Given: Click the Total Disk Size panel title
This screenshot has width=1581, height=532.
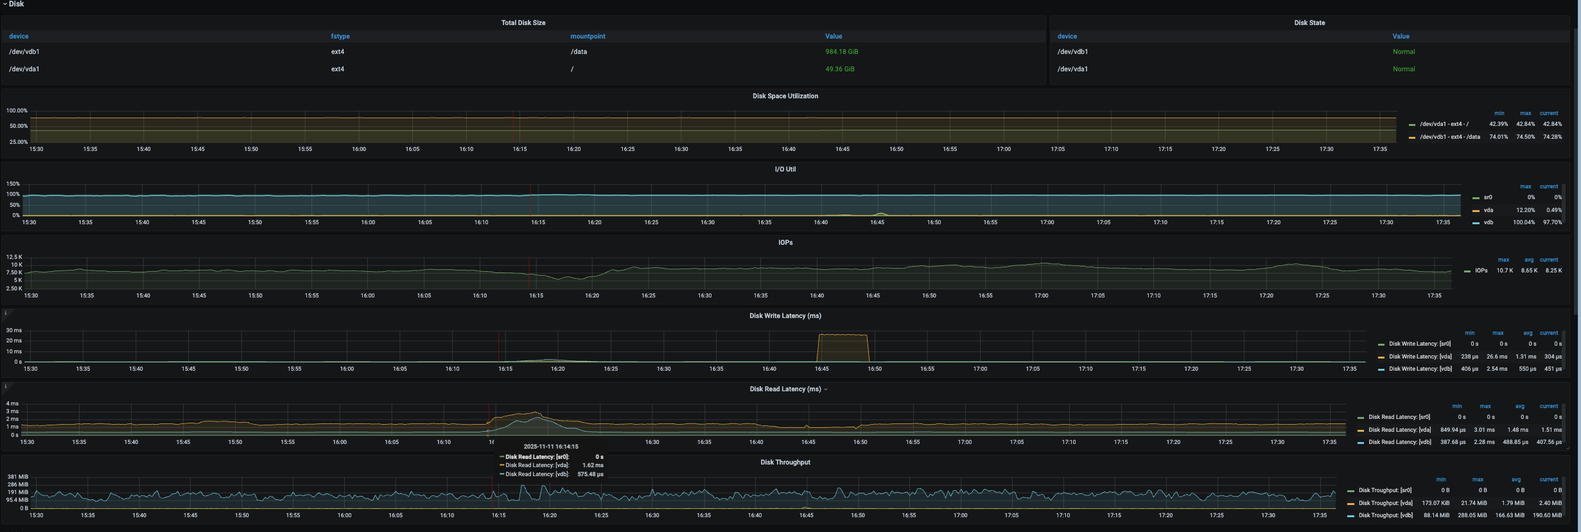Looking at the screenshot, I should coord(523,22).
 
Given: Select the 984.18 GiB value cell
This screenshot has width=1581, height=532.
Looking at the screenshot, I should coord(841,51).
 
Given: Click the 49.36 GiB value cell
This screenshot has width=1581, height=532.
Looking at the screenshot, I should coord(839,69).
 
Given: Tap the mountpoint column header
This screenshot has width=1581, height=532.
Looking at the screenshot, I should coord(588,37).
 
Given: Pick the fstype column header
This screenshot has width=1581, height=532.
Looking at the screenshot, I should coord(340,37).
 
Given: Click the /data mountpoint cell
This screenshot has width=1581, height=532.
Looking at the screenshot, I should coord(579,51).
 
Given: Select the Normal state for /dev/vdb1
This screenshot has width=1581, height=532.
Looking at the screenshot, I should coord(1403,51).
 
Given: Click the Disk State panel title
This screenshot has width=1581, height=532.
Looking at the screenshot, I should coord(1309,22).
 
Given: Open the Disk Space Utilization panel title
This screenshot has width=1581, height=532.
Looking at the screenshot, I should coord(785,96).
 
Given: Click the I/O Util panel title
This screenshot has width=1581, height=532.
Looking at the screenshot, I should coord(785,169).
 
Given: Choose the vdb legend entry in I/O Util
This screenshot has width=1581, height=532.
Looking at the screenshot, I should coord(1488,222).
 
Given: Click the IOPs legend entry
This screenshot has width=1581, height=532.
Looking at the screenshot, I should coord(1481,270).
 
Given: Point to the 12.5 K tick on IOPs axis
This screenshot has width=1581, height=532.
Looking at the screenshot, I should coord(14,257).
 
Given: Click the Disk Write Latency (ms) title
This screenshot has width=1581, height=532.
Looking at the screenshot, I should coord(785,315).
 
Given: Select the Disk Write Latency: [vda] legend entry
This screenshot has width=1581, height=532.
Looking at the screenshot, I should coord(1420,357).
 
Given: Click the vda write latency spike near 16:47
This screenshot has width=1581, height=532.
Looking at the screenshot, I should coord(843,335).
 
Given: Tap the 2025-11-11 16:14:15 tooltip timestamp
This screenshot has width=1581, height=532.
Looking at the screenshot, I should coord(550,447).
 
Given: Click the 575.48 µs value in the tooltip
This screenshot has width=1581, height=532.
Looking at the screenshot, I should coord(590,474).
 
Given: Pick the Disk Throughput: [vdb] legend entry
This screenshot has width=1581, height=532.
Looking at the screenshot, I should coord(1385,515).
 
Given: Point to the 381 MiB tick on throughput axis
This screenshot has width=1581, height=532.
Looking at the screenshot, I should coord(17,477).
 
